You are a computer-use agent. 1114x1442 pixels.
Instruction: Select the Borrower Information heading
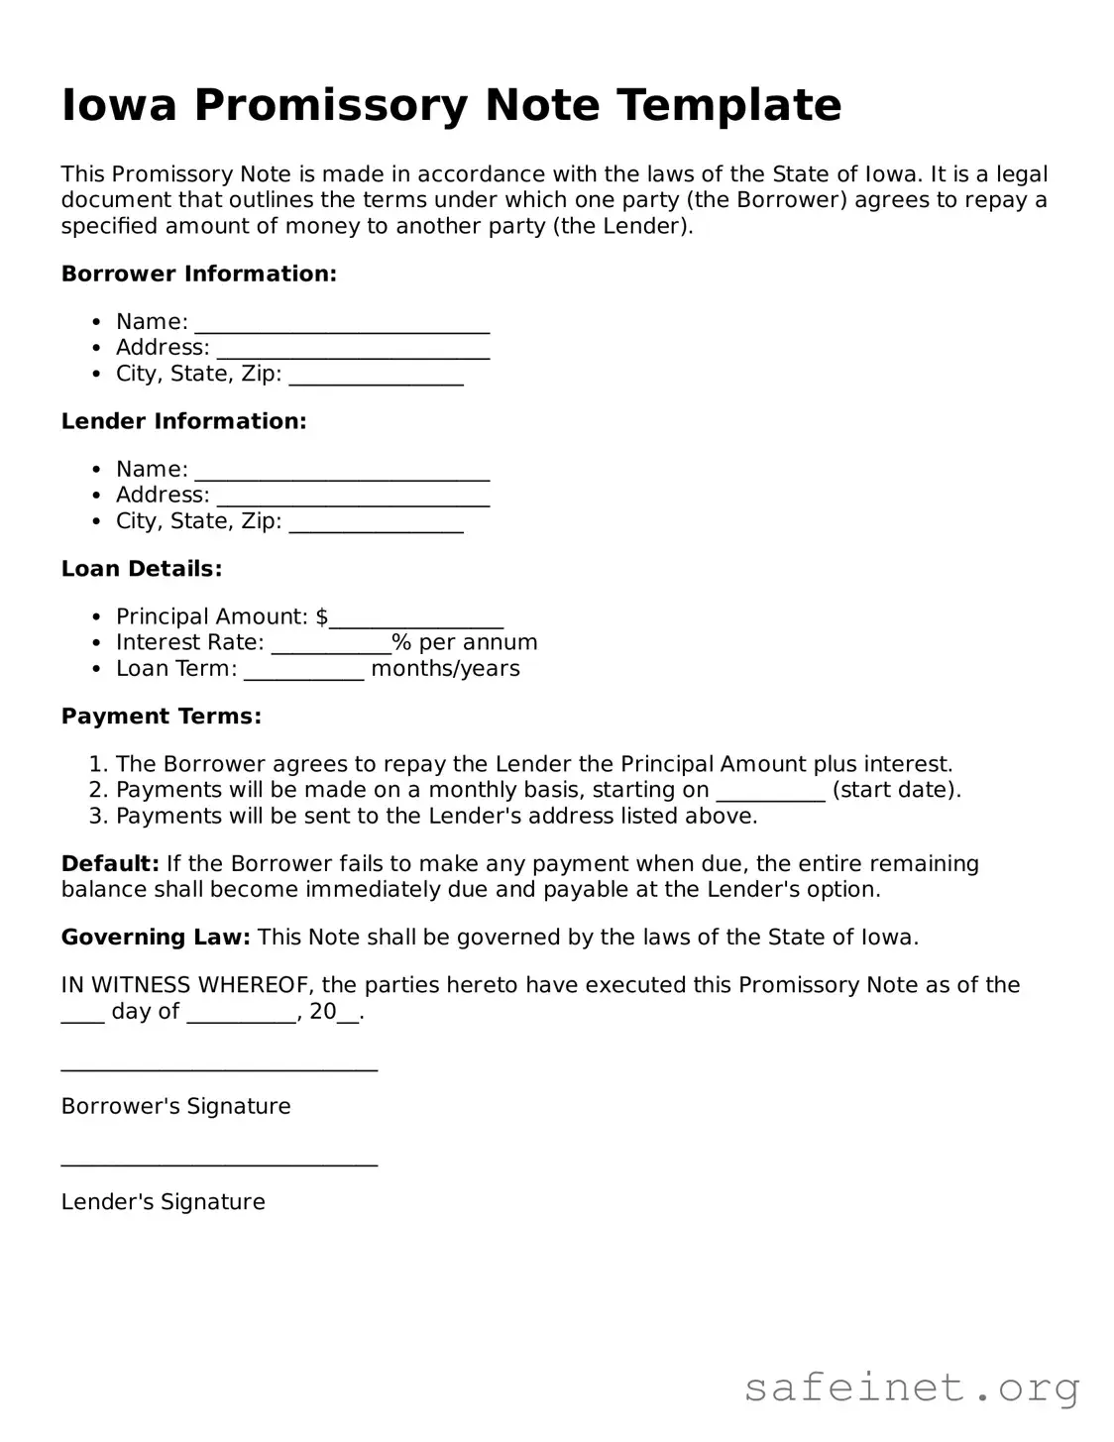click(x=199, y=274)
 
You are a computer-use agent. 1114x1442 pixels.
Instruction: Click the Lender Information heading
click(x=184, y=421)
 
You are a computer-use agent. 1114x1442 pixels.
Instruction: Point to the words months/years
click(x=445, y=669)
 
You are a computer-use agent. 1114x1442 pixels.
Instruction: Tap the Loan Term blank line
click(x=303, y=672)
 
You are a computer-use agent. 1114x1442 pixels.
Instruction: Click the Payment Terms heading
click(x=162, y=717)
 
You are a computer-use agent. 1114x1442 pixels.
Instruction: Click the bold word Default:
click(x=110, y=864)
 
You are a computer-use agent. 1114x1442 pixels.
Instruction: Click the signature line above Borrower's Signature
click(x=219, y=1068)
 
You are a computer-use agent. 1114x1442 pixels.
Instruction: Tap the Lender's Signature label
click(x=164, y=1202)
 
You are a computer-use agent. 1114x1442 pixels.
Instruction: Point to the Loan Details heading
click(x=142, y=569)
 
